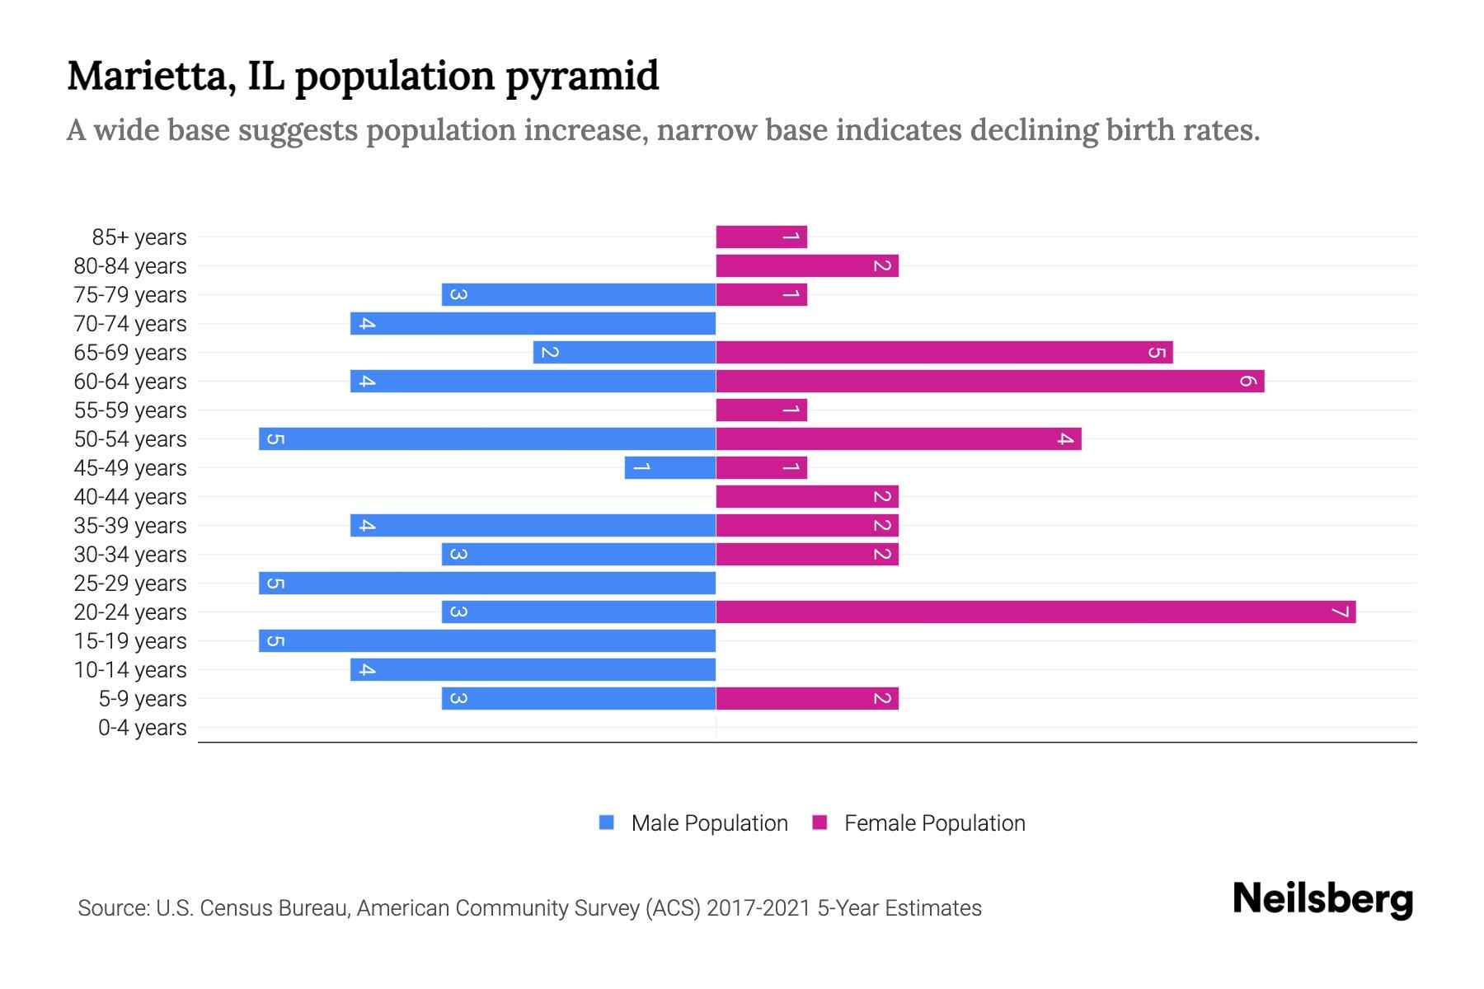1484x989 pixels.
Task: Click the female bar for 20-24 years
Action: [1036, 612]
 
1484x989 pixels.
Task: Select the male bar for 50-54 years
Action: [487, 438]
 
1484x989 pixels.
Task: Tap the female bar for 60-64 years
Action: [989, 381]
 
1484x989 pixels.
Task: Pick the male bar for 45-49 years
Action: [670, 467]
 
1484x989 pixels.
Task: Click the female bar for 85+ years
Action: [761, 237]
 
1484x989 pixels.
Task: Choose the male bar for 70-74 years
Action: [533, 323]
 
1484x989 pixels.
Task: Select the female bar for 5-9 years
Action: [806, 698]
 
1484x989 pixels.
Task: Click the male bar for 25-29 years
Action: [487, 583]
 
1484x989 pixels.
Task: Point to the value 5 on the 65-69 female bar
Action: [1157, 353]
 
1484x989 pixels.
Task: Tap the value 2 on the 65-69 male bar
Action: [550, 353]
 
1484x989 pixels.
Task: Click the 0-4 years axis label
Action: [142, 728]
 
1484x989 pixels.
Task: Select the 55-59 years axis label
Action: [130, 410]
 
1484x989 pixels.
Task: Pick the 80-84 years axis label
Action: [130, 266]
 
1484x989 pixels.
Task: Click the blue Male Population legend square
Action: [607, 823]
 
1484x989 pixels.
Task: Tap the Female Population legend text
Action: [934, 823]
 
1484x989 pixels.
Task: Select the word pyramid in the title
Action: [582, 76]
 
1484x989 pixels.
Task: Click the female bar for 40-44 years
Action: [806, 496]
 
